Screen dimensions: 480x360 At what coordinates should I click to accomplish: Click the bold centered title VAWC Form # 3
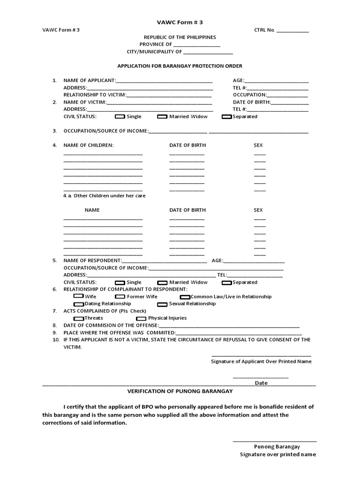click(180, 22)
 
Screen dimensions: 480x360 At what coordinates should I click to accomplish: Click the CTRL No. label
click(264, 30)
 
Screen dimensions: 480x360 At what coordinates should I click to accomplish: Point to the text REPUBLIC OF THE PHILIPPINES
click(180, 37)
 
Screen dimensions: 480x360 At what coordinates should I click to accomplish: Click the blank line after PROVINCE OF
click(196, 45)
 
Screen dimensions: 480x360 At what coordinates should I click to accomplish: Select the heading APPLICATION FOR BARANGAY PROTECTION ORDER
click(180, 66)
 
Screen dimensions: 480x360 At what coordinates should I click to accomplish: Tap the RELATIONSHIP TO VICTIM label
click(95, 95)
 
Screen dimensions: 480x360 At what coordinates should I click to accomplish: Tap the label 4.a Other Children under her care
click(105, 195)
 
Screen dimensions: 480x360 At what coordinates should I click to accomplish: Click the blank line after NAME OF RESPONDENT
click(165, 261)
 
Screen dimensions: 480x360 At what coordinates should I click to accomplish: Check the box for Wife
click(79, 297)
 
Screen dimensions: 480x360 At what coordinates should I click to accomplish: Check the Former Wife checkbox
click(120, 297)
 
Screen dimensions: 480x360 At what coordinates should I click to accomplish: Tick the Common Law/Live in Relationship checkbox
click(185, 297)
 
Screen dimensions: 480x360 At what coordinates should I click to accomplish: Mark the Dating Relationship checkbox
click(79, 304)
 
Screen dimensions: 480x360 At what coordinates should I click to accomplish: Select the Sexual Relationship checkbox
click(162, 304)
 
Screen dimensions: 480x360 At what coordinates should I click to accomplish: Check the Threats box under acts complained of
click(79, 319)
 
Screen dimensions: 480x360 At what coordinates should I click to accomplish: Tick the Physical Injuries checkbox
click(141, 319)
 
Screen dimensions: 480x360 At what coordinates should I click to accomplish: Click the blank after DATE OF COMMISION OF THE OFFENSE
click(229, 326)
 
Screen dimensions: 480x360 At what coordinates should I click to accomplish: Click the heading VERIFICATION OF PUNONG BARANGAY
click(180, 391)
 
